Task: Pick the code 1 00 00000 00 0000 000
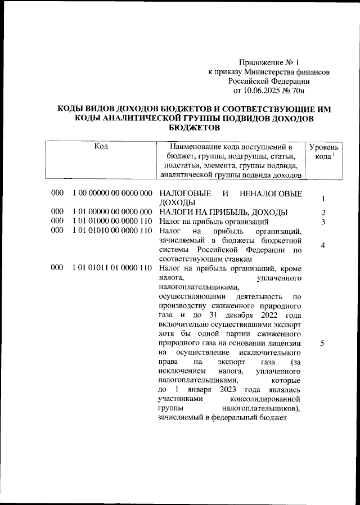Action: pos(112,193)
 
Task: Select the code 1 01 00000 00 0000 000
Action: pos(112,212)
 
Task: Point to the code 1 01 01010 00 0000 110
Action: pos(112,231)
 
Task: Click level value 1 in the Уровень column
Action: pos(323,199)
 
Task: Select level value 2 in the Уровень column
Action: pos(323,213)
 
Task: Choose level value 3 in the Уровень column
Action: pos(323,222)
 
